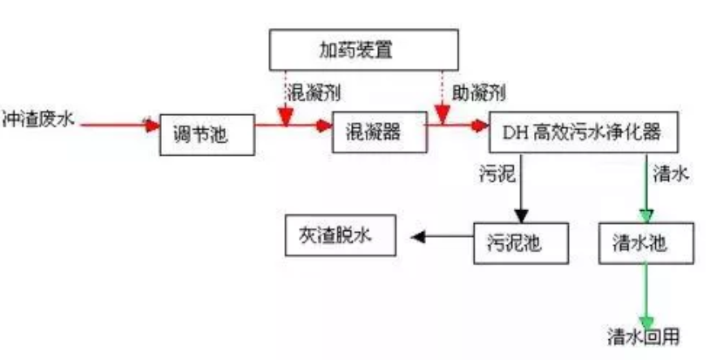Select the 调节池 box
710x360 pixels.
(x=206, y=134)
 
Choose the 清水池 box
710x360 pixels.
(x=646, y=243)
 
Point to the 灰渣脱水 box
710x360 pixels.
(x=340, y=235)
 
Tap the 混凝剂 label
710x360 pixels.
(x=310, y=92)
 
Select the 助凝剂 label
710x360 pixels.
(x=478, y=92)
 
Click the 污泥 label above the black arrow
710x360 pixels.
(x=497, y=173)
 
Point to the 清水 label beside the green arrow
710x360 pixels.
(x=671, y=173)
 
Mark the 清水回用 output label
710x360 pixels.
(x=643, y=336)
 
